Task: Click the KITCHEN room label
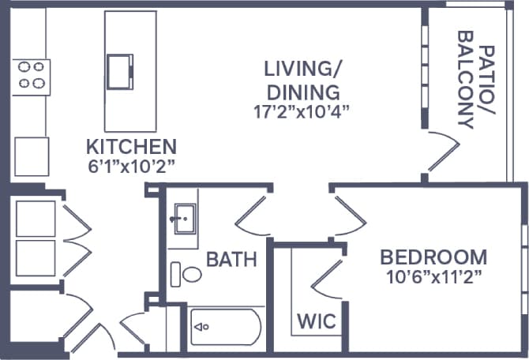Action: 131,146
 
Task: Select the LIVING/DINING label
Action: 302,80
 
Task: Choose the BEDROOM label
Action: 433,257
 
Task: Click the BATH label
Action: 231,259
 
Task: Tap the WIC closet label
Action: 317,321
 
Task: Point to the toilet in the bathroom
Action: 187,274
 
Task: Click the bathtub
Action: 226,326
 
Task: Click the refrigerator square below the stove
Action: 32,156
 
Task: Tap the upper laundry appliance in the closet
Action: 36,219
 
